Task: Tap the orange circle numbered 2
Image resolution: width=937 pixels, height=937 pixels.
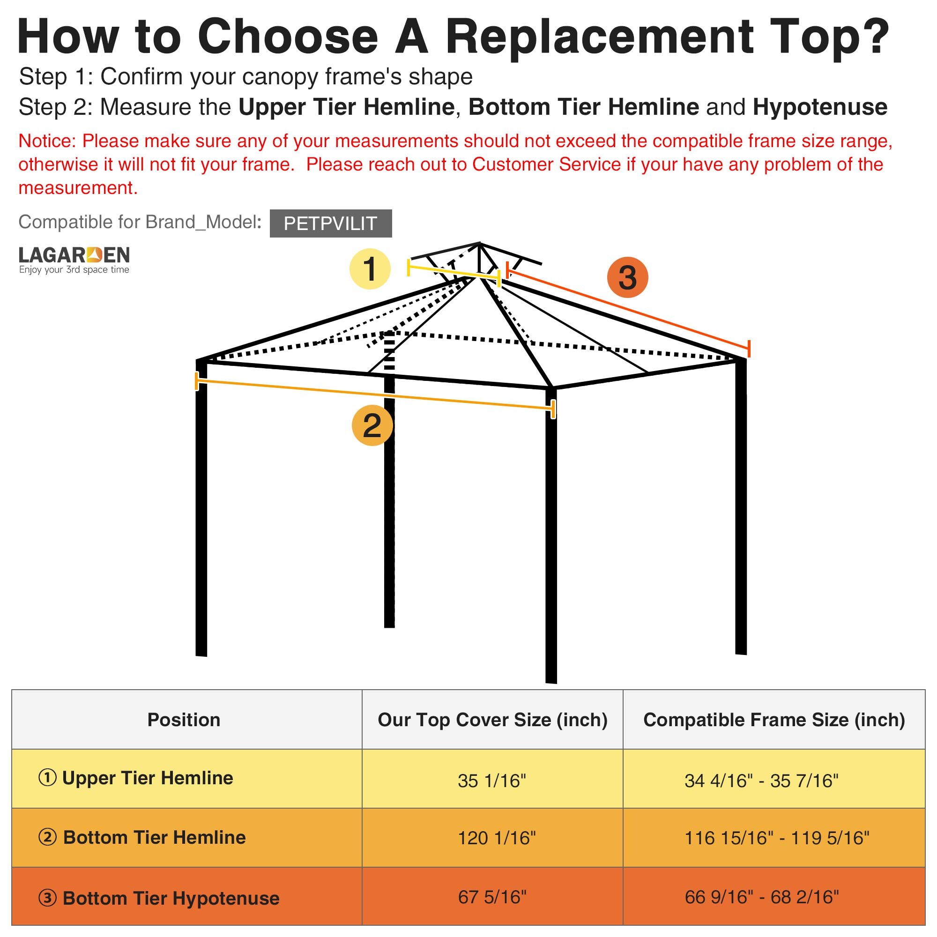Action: tap(372, 425)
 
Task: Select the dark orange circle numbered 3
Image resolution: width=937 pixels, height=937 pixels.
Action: tap(628, 278)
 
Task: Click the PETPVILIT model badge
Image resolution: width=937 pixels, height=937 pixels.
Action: tap(331, 223)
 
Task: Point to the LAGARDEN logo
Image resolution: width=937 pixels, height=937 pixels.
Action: tap(74, 260)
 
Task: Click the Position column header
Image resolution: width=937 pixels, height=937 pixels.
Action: tap(184, 720)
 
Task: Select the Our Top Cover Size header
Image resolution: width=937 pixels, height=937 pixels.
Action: tap(493, 720)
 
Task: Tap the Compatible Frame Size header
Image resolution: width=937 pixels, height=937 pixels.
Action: tap(774, 720)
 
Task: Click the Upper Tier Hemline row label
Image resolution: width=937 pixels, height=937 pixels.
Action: tap(136, 778)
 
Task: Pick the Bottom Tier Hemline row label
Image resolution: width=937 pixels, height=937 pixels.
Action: tap(142, 838)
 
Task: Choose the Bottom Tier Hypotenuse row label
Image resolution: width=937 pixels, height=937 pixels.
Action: tap(159, 898)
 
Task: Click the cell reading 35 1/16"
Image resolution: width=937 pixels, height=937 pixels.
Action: tap(492, 781)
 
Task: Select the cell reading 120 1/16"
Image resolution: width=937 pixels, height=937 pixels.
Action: tap(497, 838)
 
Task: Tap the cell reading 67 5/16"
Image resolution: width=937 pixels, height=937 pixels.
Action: tap(492, 897)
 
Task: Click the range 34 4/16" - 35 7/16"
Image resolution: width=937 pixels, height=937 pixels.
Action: tap(761, 781)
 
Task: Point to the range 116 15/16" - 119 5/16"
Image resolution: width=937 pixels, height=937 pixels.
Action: tap(777, 838)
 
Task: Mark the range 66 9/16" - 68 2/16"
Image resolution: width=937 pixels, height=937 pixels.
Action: tap(762, 897)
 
